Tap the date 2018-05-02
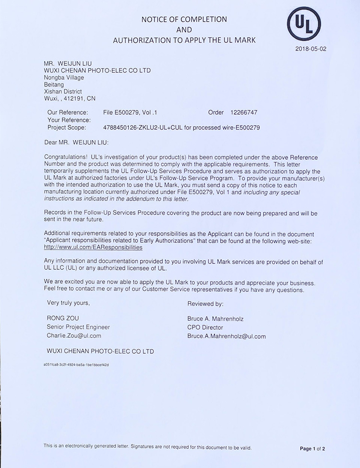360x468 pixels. click(311, 49)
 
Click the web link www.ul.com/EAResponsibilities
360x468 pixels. click(93, 248)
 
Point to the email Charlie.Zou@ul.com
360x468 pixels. click(74, 336)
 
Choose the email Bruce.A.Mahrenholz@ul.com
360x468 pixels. click(227, 336)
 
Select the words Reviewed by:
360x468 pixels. click(205, 304)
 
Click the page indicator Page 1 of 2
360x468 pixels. click(312, 449)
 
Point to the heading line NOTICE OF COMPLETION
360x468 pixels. click(184, 20)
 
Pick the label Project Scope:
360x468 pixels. click(67, 128)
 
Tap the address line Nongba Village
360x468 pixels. click(64, 78)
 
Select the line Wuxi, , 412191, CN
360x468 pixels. click(70, 98)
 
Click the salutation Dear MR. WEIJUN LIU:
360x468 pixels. click(76, 143)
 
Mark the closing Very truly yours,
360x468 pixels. click(68, 303)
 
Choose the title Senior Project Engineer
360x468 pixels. click(78, 327)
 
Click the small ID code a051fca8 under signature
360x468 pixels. click(76, 365)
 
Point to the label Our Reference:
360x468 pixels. click(68, 112)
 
